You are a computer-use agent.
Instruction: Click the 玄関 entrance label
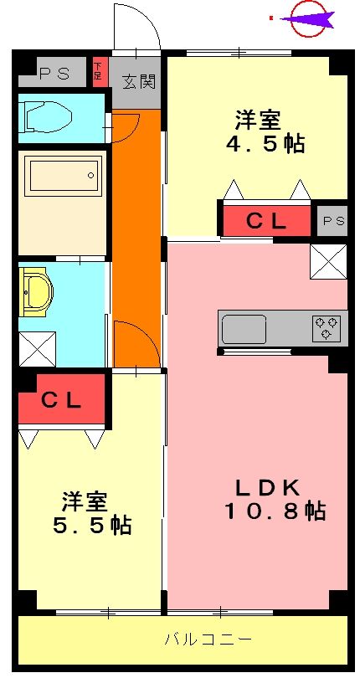point(138,81)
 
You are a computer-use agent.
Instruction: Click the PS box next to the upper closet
point(333,220)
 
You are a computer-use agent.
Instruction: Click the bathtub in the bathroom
point(64,175)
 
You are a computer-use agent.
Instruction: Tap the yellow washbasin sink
point(35,292)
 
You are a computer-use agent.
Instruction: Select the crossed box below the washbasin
point(38,348)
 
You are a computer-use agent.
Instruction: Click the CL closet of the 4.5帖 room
point(266,221)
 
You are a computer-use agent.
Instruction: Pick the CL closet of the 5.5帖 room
point(62,400)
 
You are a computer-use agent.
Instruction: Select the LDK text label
point(260,486)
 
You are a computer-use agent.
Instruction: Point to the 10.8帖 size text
point(274,511)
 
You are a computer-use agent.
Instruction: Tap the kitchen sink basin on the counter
point(244,327)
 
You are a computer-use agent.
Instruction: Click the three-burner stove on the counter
point(327,328)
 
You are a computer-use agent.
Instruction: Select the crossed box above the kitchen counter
point(327,261)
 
